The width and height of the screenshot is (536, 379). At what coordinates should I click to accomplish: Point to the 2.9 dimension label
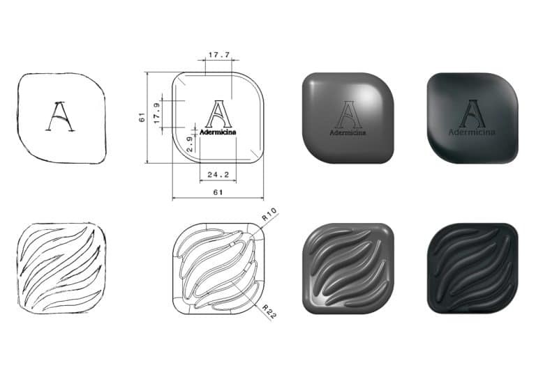[x=190, y=144]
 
